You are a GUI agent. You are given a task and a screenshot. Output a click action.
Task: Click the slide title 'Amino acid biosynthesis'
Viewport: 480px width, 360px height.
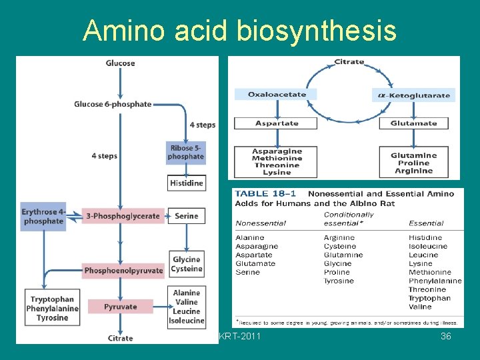[239, 31]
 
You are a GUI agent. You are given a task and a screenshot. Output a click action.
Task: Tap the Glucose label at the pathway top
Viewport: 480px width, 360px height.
[120, 63]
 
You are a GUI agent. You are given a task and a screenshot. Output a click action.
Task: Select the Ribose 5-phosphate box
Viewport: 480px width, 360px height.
[186, 153]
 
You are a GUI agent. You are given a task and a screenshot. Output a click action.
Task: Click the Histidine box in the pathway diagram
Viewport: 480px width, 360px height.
[186, 183]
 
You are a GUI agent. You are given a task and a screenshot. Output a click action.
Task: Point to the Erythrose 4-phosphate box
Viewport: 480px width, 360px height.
[43, 217]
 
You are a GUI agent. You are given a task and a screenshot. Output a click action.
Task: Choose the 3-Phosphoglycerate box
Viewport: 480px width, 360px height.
[123, 216]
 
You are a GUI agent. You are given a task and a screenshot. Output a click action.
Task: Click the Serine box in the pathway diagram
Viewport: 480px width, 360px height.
[186, 216]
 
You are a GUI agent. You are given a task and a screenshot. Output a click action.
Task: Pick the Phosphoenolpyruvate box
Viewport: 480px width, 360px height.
[123, 271]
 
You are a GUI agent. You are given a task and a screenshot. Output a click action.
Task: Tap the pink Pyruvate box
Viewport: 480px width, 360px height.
[120, 307]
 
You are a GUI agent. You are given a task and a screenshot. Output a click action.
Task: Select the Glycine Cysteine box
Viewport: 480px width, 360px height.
[186, 264]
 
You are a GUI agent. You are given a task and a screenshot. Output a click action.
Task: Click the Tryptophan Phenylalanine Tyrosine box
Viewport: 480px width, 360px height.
[52, 309]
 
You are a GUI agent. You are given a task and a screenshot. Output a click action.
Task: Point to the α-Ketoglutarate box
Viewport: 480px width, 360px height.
[413, 95]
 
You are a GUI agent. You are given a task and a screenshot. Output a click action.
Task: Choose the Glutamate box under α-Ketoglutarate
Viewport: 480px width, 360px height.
[413, 123]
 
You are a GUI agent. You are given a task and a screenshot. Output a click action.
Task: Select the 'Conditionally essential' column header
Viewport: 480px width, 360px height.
[349, 219]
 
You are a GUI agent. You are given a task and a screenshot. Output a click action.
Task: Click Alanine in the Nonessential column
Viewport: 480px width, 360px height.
[250, 237]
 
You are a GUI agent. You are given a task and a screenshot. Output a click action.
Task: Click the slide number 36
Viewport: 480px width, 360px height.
[446, 337]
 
